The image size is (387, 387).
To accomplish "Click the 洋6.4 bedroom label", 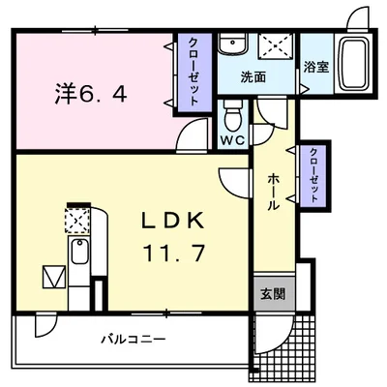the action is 91,93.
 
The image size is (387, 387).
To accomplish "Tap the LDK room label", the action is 173,221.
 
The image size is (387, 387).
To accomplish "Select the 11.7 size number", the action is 174,253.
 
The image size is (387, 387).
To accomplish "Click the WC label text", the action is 233,140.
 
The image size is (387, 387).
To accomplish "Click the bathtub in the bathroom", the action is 354,63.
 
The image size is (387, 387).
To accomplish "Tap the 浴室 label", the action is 316,67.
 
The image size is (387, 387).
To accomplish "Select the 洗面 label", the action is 253,76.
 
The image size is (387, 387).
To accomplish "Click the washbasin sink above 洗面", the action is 232,45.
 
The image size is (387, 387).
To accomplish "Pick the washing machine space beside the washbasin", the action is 276,45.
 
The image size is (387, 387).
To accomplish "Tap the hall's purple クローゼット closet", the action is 313,176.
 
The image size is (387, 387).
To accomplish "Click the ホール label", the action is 274,192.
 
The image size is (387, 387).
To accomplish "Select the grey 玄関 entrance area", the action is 274,293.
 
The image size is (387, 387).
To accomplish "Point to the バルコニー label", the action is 134,340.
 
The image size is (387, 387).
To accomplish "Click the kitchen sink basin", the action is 79,252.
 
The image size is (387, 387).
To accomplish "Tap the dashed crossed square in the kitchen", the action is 76,221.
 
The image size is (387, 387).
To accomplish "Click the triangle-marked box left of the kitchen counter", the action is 54,277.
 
